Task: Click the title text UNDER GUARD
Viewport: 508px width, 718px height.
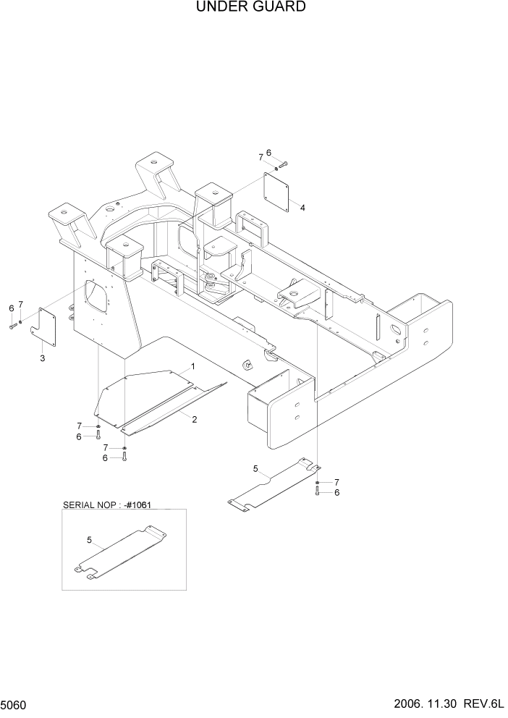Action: [250, 7]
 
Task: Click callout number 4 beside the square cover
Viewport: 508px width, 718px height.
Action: [302, 208]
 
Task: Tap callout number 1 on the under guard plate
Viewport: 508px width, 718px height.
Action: [193, 367]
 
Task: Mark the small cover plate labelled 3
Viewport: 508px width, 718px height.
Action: [47, 325]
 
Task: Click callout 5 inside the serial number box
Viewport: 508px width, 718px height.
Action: [89, 539]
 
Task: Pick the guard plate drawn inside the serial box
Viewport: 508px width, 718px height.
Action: [121, 554]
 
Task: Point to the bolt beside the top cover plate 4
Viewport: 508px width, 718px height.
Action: [282, 165]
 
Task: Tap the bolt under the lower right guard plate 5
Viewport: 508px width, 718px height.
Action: [317, 491]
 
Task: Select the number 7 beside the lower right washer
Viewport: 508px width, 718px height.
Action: [336, 482]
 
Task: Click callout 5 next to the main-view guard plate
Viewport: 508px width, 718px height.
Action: [255, 470]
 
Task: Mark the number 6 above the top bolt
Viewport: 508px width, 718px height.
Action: [268, 153]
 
